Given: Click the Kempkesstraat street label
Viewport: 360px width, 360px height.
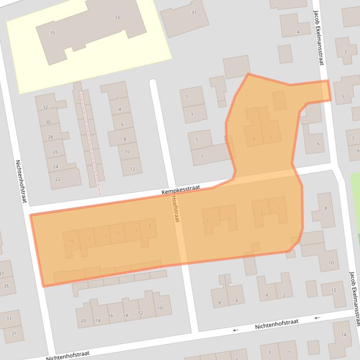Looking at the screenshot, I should coord(181,190).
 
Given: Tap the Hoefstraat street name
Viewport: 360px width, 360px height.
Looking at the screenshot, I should coord(176,208).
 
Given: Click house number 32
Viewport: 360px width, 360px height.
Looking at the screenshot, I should coord(45,107).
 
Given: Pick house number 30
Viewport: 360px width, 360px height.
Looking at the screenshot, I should coord(48,122).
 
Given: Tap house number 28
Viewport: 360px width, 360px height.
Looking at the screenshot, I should coord(51,137).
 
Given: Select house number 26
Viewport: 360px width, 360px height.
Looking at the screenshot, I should coord(55,152).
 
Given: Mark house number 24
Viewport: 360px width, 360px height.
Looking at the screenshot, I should coord(56,166).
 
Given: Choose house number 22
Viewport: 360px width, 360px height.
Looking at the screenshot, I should coord(58,179).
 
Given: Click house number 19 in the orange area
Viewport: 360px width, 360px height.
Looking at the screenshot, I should coord(71,241).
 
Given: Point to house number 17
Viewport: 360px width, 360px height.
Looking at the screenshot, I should coord(88,239).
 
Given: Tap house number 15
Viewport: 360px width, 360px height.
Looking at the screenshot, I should coord(105,236).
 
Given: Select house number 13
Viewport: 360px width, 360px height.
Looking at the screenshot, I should coord(117,233).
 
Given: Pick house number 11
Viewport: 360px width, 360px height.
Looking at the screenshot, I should coord(135,230).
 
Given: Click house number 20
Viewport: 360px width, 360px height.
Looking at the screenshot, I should coord(83,321).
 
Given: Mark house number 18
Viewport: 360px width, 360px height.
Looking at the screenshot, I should coord(98,320).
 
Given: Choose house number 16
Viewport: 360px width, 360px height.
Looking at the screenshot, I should coord(110,316).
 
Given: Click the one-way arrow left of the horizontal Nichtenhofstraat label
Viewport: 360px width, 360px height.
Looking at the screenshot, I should coord(235,330).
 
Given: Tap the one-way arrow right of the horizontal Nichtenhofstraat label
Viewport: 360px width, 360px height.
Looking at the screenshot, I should coord(317,318).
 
